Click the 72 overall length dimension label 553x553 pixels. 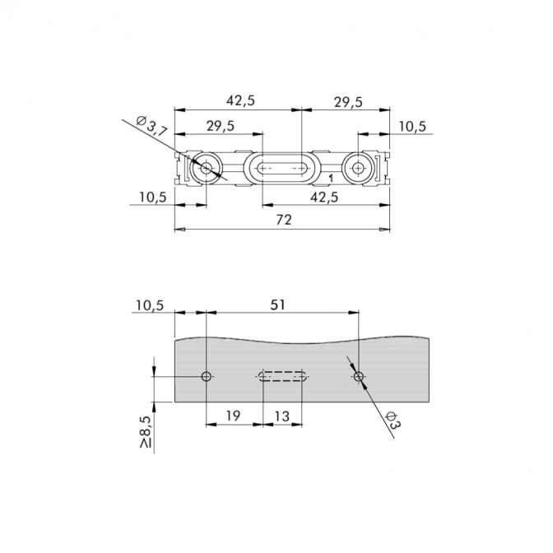tap(284, 220)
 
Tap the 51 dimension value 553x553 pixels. tap(277, 304)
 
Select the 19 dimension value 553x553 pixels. tap(233, 416)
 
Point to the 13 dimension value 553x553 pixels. tap(281, 416)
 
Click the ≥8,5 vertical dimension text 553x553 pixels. tap(146, 432)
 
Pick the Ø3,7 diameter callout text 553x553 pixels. tap(151, 126)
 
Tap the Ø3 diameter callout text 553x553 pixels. tap(393, 420)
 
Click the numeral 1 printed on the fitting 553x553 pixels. tap(331, 179)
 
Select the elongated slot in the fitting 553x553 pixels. tap(281, 168)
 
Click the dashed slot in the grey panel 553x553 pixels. tap(281, 376)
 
